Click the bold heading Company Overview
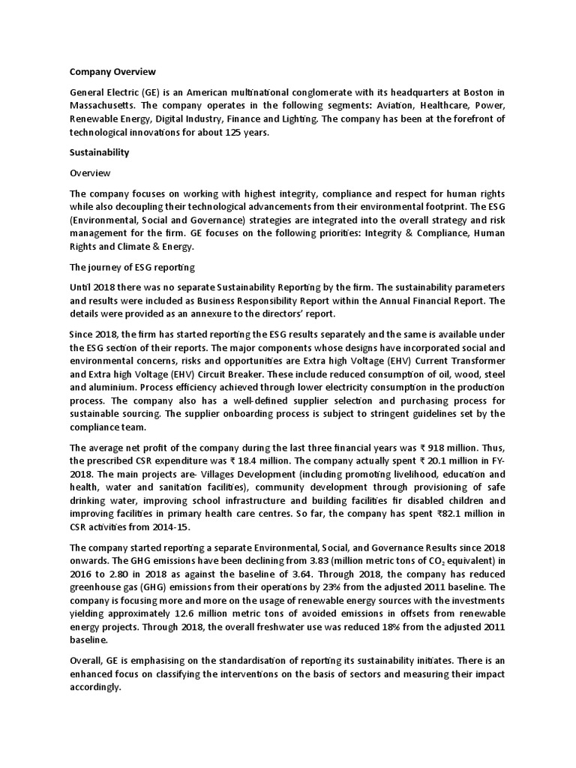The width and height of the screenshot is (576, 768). coord(112,72)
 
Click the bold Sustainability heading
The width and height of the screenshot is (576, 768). coord(100,152)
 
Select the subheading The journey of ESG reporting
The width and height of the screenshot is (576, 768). coord(129,267)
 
